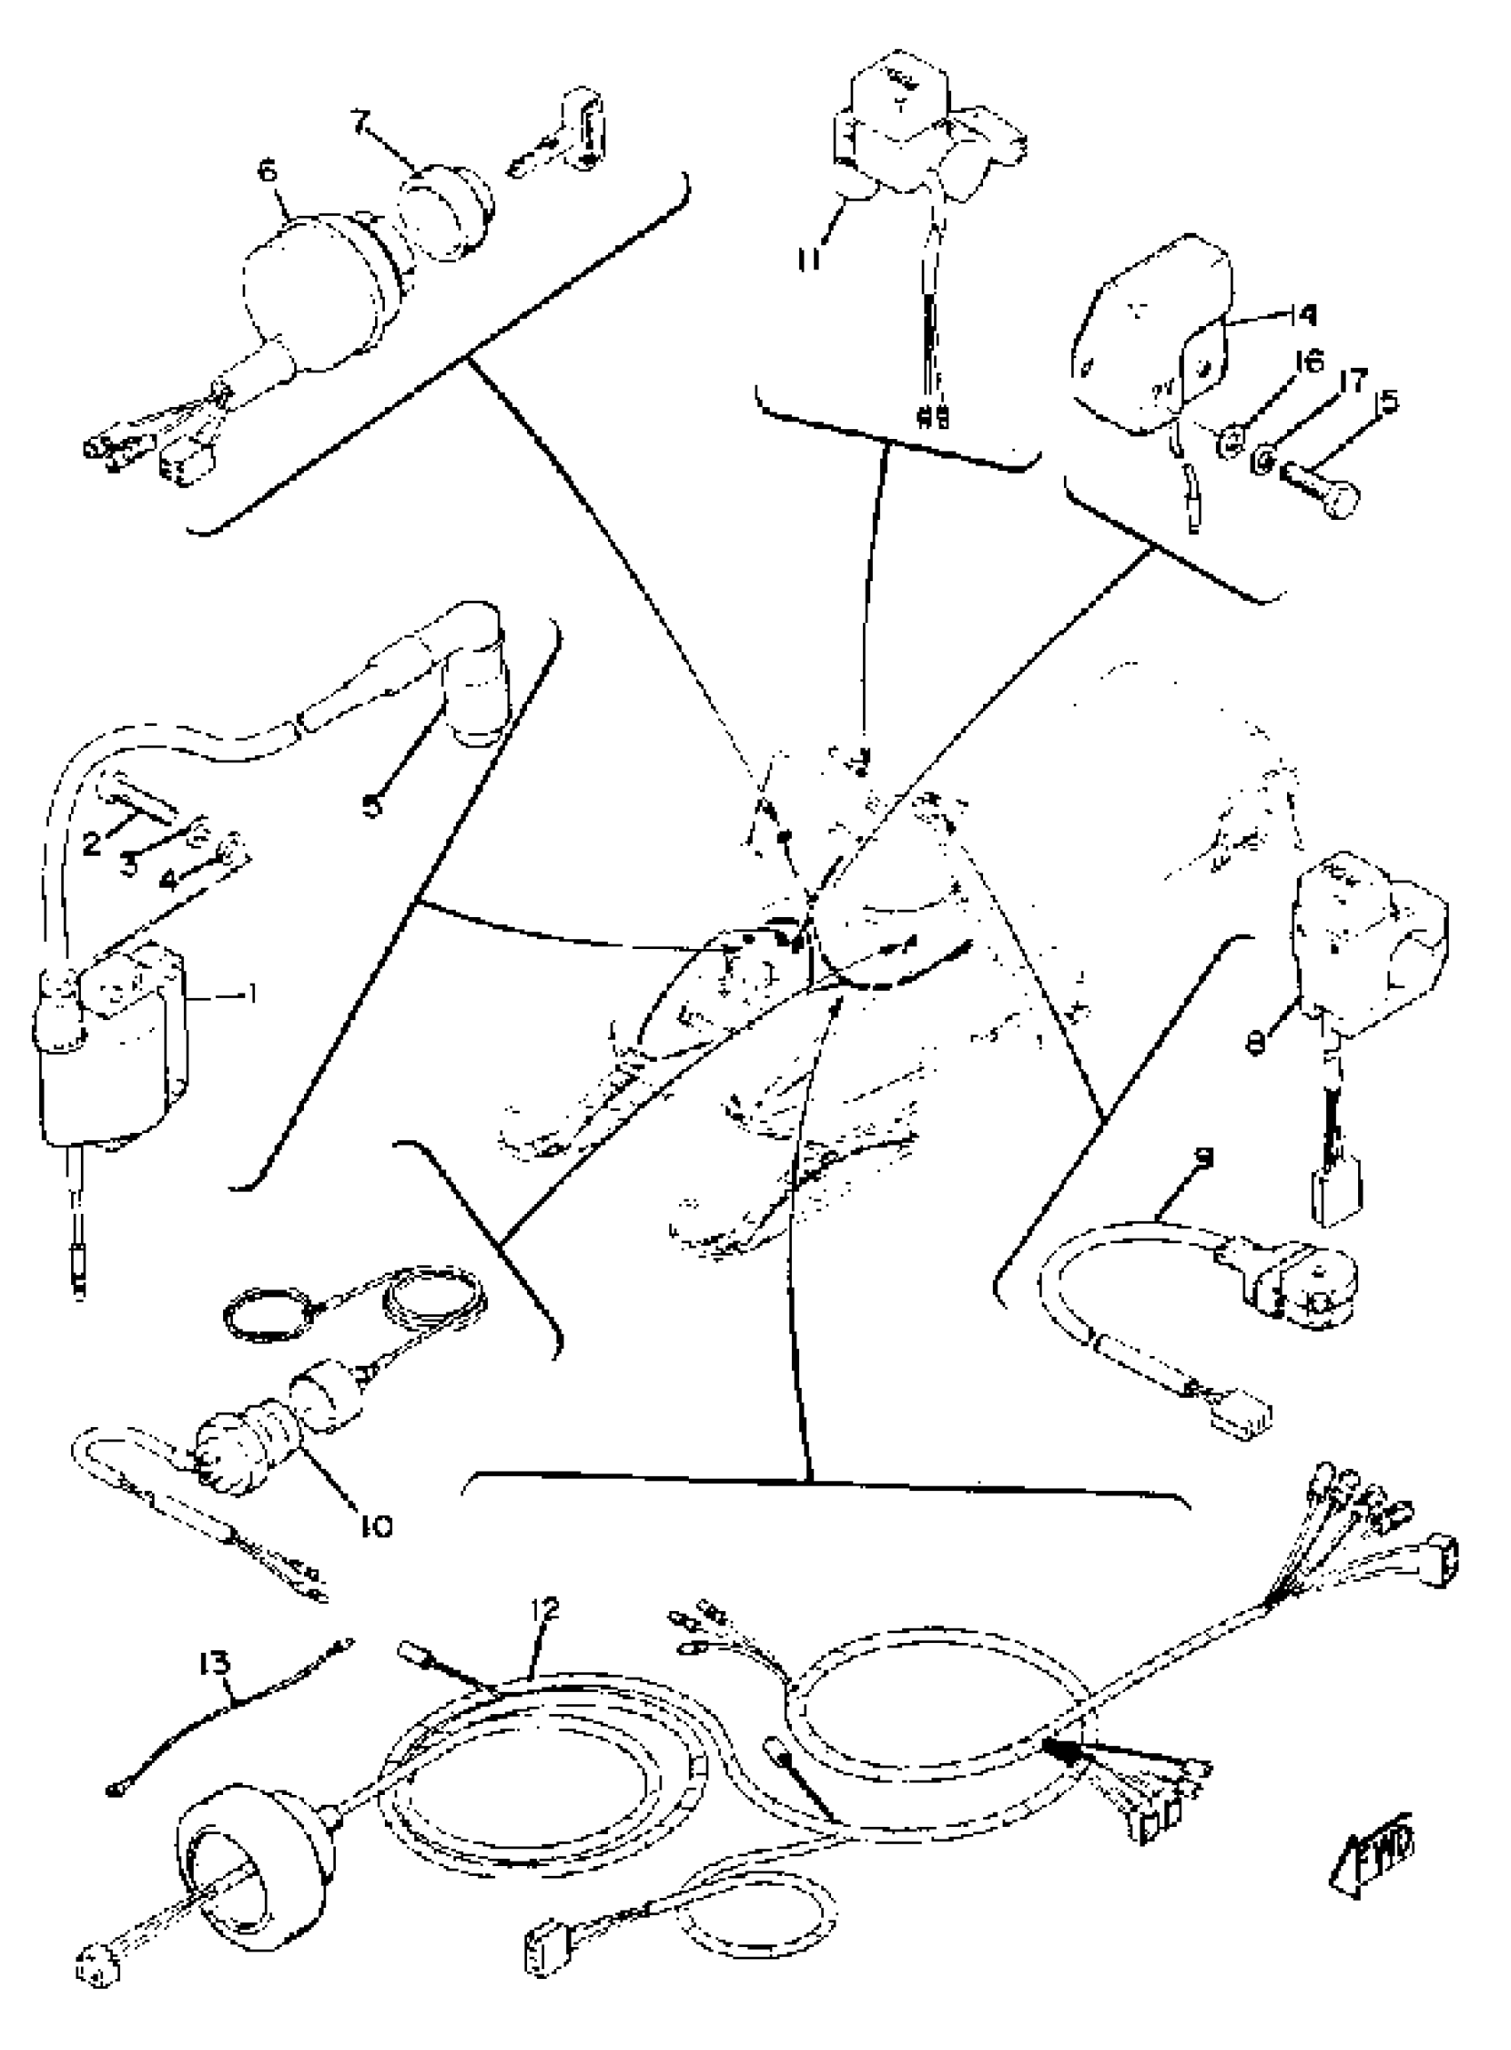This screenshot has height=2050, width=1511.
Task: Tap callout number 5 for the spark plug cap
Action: coord(372,805)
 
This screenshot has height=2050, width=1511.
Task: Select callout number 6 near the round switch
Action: coord(267,171)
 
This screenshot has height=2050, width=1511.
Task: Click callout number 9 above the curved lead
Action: coord(1204,1157)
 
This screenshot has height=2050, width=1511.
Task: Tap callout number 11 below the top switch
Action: coord(809,259)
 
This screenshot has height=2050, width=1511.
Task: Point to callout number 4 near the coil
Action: coord(168,881)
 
